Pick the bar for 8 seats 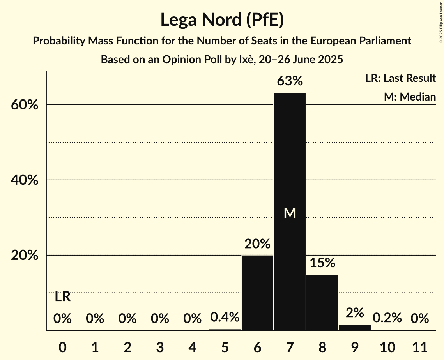[x=322, y=302]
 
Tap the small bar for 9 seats [x=355, y=328]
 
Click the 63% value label [x=290, y=81]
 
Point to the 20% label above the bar [x=257, y=244]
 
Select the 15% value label [x=322, y=263]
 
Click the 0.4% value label [x=225, y=318]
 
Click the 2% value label [x=355, y=313]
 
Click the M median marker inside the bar [x=290, y=213]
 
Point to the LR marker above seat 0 [x=62, y=297]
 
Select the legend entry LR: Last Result [x=400, y=78]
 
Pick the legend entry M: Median [x=410, y=97]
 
